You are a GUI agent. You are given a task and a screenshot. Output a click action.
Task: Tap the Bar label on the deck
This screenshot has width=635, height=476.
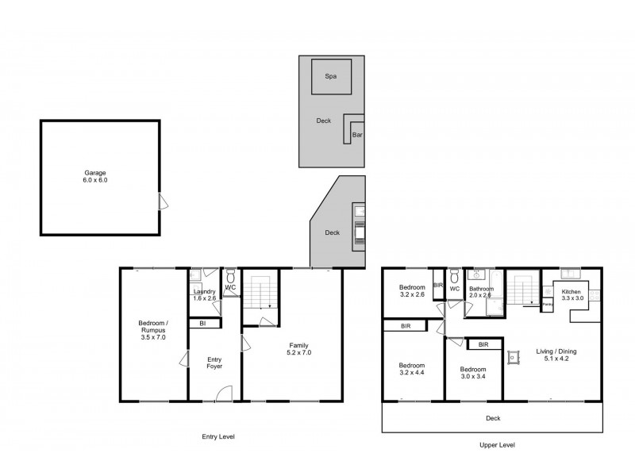357,136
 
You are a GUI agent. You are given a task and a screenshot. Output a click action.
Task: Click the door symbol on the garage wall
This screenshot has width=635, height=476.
162,202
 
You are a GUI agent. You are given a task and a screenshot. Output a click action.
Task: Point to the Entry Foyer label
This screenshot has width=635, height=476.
214,363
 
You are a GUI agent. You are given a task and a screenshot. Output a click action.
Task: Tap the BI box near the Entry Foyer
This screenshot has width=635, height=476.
203,324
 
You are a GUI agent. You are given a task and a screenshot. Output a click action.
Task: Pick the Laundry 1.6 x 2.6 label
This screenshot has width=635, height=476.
204,295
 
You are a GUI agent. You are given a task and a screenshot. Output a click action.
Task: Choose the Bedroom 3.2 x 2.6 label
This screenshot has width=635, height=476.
413,291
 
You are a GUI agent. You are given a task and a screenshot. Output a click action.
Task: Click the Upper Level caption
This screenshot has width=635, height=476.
498,445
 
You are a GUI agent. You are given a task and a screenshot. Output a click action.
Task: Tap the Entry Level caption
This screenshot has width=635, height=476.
217,436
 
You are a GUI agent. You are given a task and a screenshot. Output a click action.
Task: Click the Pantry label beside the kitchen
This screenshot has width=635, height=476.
548,304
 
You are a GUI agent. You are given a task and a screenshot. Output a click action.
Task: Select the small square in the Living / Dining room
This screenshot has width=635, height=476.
514,358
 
